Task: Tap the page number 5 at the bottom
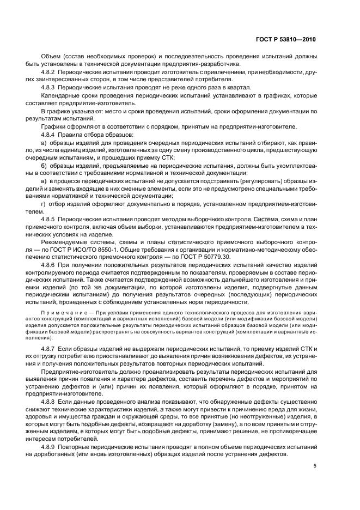pyautogui.click(x=315, y=466)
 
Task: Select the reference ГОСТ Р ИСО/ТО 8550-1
pyautogui.click(x=93, y=248)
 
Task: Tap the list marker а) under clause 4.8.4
pyautogui.click(x=44, y=142)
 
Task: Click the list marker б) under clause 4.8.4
pyautogui.click(x=44, y=165)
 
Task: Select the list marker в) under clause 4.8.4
pyautogui.click(x=44, y=180)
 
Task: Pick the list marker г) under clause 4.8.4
pyautogui.click(x=43, y=203)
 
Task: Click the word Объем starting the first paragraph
pyautogui.click(x=51, y=56)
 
